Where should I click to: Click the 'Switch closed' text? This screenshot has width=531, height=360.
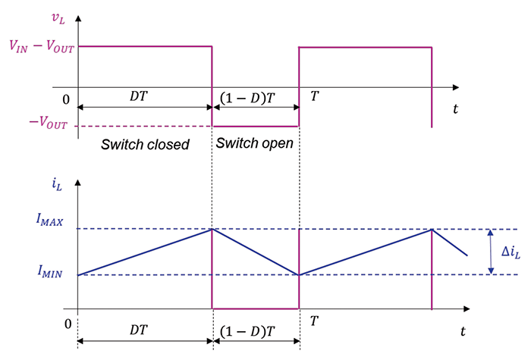(145, 144)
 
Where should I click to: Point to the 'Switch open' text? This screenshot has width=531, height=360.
(254, 142)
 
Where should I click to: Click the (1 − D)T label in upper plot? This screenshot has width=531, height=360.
(253, 99)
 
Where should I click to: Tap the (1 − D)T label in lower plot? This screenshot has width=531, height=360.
(253, 331)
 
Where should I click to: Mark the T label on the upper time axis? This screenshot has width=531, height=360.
(313, 96)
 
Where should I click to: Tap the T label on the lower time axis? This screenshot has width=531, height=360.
(313, 321)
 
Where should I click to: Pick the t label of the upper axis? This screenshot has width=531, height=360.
(455, 109)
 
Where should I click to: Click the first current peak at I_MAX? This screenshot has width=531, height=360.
(212, 229)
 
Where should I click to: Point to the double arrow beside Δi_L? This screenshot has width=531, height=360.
(490, 252)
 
